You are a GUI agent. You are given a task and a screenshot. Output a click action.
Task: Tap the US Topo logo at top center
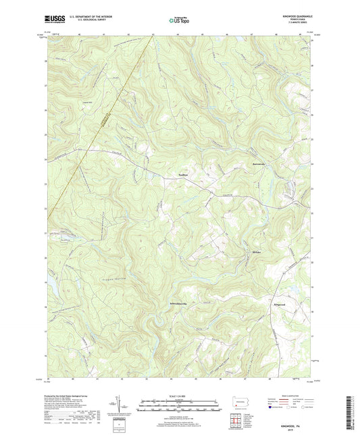click(179, 20)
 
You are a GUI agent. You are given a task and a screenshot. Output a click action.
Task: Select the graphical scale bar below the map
click(180, 407)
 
